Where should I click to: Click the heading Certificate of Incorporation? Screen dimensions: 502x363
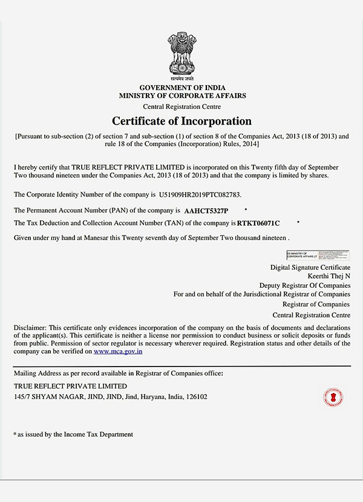181,121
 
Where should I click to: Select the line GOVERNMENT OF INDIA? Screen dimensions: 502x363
182,88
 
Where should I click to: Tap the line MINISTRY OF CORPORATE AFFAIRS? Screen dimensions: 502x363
182,96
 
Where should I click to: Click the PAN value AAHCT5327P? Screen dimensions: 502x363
206,210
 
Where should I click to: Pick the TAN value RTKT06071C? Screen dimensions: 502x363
258,223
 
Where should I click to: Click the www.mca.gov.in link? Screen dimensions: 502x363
118,351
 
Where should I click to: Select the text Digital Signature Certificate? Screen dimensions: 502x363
310,267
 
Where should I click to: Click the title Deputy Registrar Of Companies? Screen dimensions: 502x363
304,285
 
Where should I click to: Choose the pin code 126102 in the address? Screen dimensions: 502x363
197,397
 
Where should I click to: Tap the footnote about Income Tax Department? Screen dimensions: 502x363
75,434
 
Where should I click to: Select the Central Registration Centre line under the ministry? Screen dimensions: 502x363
182,106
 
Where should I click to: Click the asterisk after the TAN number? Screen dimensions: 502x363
298,222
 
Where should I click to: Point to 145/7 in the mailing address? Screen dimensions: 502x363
22,397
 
